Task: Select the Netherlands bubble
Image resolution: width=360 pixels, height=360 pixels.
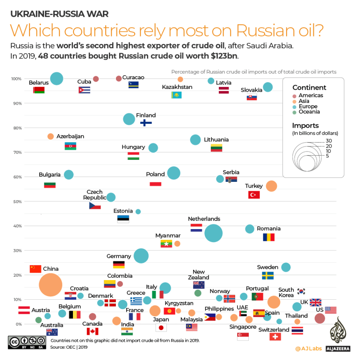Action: click(x=214, y=233)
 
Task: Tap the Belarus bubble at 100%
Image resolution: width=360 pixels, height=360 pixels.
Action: click(x=57, y=79)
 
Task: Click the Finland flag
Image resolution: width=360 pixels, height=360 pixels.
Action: click(x=146, y=122)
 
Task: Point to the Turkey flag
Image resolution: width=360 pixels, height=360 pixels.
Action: click(x=254, y=194)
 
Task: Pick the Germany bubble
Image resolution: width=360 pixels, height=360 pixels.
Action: click(x=141, y=256)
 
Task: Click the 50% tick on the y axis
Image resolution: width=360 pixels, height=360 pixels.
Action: click(x=17, y=202)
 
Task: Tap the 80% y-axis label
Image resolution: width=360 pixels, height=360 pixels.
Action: click(x=17, y=128)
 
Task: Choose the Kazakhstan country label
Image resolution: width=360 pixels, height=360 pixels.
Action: click(x=177, y=87)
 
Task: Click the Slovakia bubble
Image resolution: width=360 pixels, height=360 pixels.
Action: click(x=268, y=87)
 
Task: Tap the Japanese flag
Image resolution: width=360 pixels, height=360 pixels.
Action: click(x=161, y=328)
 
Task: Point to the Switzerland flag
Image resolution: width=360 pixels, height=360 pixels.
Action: click(x=275, y=337)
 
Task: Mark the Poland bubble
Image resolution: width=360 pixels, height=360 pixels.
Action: click(x=173, y=173)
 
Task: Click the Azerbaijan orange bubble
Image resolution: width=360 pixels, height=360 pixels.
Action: click(x=50, y=136)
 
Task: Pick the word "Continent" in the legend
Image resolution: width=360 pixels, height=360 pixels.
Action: click(x=309, y=87)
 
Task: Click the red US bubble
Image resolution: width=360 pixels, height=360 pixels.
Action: click(x=320, y=318)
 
